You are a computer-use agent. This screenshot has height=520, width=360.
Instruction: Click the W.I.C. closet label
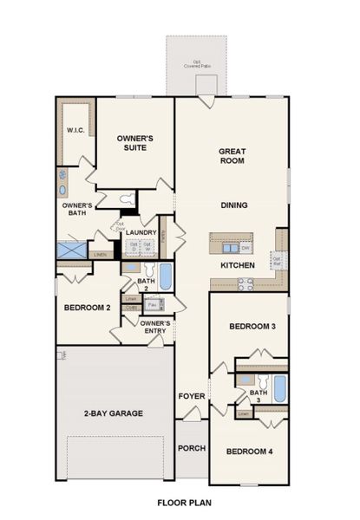click(x=74, y=132)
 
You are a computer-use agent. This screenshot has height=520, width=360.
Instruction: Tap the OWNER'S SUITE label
click(x=135, y=143)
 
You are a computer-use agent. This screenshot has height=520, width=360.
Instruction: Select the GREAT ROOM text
click(x=231, y=156)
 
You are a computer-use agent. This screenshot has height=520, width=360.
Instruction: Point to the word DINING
click(x=234, y=205)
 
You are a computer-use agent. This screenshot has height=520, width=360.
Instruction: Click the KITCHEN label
click(x=237, y=265)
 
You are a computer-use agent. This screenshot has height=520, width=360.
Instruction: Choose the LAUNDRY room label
click(x=141, y=232)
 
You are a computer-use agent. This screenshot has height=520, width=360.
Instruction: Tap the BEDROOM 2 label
click(x=87, y=307)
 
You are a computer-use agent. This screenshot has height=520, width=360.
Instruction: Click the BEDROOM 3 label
click(x=252, y=327)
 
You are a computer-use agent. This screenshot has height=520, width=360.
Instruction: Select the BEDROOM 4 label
click(x=249, y=452)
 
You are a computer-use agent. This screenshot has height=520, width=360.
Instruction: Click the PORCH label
click(x=191, y=448)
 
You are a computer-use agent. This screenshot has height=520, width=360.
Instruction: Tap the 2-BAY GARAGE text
click(x=115, y=413)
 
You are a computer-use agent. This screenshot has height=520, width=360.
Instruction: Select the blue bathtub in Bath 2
click(x=165, y=277)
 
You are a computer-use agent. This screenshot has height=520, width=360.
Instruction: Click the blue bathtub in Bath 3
click(x=279, y=387)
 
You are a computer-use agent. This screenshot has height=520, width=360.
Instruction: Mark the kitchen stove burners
click(x=245, y=283)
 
